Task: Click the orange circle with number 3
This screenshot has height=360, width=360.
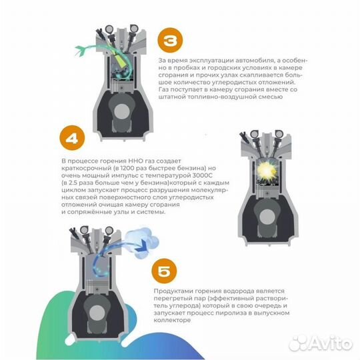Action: [170, 41]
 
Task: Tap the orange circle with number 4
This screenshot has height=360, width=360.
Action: [72, 138]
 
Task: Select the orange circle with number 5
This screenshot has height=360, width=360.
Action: [164, 271]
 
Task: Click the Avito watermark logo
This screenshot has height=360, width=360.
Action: [320, 343]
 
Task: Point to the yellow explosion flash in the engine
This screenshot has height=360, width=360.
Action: [266, 171]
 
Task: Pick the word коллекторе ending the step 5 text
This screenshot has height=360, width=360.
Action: [172, 320]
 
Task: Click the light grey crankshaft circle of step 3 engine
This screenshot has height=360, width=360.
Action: [122, 111]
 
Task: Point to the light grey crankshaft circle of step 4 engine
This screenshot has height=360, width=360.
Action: [267, 217]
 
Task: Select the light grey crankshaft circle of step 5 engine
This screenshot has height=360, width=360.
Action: [97, 313]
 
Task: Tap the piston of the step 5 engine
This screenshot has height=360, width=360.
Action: [97, 286]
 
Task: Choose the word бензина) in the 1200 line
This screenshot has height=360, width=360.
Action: [191, 168]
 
